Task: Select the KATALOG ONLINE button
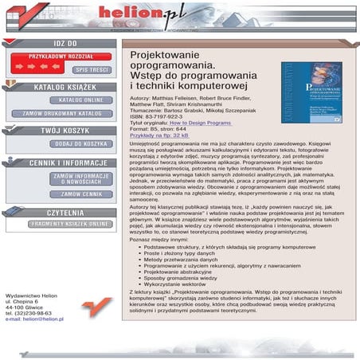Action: tap(80, 100)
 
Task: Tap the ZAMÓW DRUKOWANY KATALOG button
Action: tap(62, 114)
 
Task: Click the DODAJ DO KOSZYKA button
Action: tap(80, 144)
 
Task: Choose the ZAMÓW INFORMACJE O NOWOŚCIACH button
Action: tap(80, 179)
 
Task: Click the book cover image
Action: tap(311, 92)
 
